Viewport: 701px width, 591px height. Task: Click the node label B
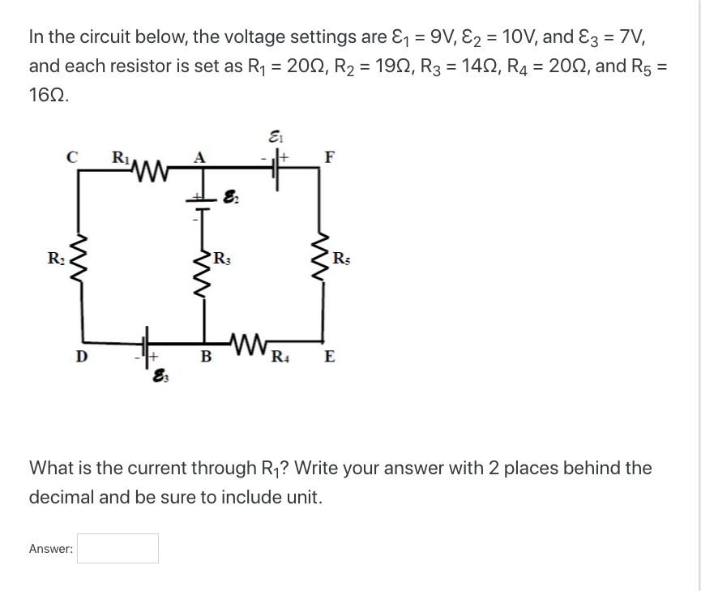(x=206, y=355)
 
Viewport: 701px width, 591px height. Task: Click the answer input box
(x=118, y=548)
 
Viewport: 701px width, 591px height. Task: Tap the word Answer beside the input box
(x=50, y=549)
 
